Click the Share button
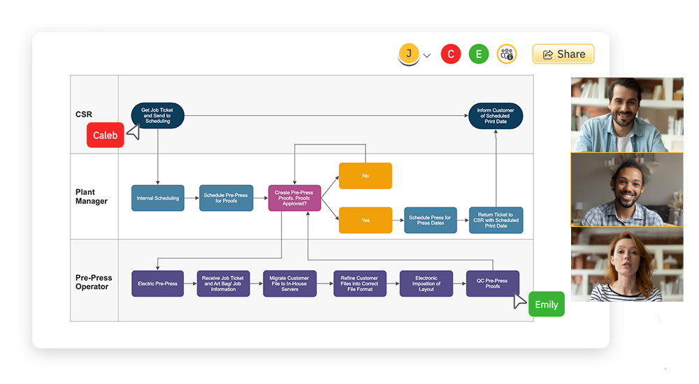[563, 54]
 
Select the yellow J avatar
[409, 53]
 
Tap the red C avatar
[451, 54]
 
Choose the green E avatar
[479, 54]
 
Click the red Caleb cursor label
[105, 135]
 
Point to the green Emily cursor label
[546, 304]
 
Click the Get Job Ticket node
[157, 115]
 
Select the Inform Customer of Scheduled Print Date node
[495, 115]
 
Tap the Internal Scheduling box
[157, 198]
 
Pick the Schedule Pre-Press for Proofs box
[226, 198]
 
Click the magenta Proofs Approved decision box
[294, 198]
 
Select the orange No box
[365, 176]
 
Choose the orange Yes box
[365, 220]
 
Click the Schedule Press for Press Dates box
[430, 220]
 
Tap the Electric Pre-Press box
[157, 283]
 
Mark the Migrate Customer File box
[289, 283]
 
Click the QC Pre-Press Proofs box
[492, 283]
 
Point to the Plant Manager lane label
[92, 196]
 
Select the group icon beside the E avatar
[507, 54]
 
